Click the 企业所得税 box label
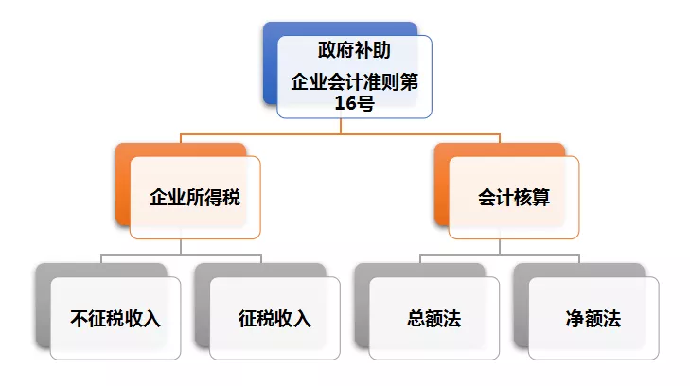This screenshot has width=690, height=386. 196,199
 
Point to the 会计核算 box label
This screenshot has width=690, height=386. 515,199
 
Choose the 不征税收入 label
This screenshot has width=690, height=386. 115,319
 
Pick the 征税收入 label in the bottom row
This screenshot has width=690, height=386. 274,319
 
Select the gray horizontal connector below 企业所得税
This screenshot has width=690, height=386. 142,255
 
